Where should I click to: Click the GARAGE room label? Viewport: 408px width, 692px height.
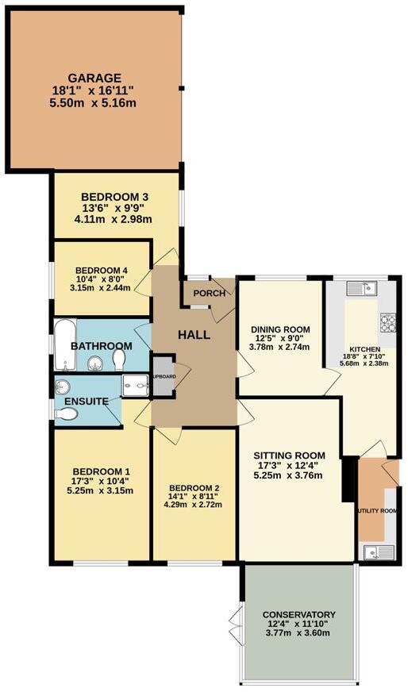(94, 78)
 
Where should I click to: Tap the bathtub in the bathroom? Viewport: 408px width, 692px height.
(65, 346)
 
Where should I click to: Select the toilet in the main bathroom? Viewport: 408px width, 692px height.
(119, 361)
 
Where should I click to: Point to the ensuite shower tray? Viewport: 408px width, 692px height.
(134, 386)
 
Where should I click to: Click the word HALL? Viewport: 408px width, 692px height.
(194, 335)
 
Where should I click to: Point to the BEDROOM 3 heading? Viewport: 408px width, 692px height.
(115, 196)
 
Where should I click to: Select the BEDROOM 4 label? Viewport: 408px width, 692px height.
(102, 270)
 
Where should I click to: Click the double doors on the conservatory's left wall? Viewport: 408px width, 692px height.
(234, 619)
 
